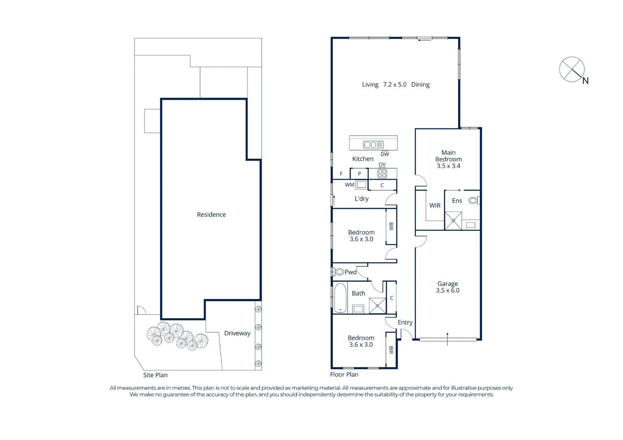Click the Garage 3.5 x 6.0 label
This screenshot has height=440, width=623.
tap(447, 287)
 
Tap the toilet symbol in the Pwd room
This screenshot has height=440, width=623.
tap(339, 272)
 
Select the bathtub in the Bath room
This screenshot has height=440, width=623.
tap(340, 298)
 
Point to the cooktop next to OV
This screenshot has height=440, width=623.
tap(382, 174)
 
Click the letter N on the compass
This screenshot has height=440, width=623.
tap(586, 81)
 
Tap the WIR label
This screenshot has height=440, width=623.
tap(435, 205)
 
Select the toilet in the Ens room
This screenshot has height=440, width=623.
tap(473, 200)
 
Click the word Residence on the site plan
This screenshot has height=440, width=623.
tap(211, 215)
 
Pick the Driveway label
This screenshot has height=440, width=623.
tap(237, 333)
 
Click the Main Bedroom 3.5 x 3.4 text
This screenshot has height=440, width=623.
tap(448, 159)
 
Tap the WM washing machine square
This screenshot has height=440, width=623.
tap(361, 185)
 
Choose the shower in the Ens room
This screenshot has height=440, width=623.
tap(453, 221)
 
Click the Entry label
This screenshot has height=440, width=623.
tap(405, 322)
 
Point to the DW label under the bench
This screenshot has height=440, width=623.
tap(385, 154)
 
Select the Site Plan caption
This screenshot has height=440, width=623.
tap(155, 375)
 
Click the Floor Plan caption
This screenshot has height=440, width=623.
tap(344, 374)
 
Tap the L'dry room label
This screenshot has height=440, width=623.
tap(361, 199)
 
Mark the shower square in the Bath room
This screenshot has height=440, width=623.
tap(377, 306)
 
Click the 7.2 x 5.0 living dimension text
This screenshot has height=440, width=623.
tap(395, 85)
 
